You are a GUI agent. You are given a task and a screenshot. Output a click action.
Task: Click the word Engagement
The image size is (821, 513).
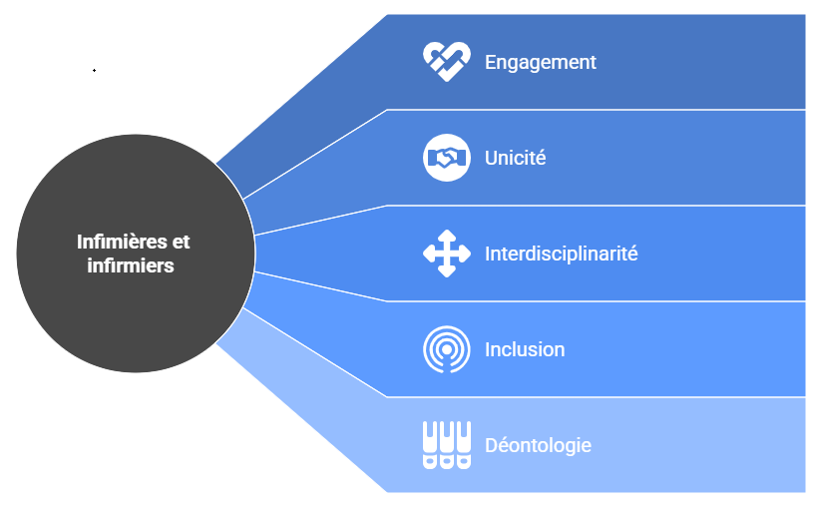tap(540, 62)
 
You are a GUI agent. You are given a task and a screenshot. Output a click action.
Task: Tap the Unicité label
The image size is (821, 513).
tap(515, 158)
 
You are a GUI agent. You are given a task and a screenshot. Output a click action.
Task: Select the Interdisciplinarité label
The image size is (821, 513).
tap(561, 254)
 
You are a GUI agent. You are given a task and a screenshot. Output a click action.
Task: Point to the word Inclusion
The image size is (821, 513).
tap(525, 349)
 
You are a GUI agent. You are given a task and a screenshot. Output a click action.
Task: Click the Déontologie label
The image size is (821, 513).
tap(538, 445)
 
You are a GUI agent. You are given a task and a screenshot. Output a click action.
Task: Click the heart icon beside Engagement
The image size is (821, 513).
tap(446, 62)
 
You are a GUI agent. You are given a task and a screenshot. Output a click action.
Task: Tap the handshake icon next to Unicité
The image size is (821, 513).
tap(447, 158)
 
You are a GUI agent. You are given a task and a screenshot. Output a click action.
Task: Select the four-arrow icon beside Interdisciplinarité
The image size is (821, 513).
tap(447, 254)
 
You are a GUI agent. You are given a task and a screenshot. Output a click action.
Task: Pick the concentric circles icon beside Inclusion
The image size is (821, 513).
tap(447, 349)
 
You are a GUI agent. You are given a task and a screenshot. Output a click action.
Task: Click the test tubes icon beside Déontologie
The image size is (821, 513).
tap(447, 445)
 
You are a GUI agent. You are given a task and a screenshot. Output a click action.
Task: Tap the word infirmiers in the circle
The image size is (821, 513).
tap(132, 265)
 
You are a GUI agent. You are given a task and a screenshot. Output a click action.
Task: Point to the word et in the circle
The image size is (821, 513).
tap(181, 242)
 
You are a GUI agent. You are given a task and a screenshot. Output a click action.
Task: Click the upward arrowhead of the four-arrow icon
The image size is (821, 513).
tap(447, 236)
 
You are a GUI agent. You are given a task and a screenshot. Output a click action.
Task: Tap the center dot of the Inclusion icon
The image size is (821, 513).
tap(447, 350)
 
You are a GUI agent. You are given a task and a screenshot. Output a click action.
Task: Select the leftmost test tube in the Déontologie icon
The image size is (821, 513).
tap(430, 445)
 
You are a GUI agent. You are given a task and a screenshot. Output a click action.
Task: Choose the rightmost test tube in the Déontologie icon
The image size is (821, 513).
tap(464, 445)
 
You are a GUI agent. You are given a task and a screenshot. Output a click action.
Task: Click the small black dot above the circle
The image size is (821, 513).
tap(94, 71)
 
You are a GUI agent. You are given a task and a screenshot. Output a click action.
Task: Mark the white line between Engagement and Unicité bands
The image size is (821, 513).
tap(599, 110)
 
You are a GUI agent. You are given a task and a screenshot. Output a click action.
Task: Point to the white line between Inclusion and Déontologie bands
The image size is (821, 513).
tap(599, 397)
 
